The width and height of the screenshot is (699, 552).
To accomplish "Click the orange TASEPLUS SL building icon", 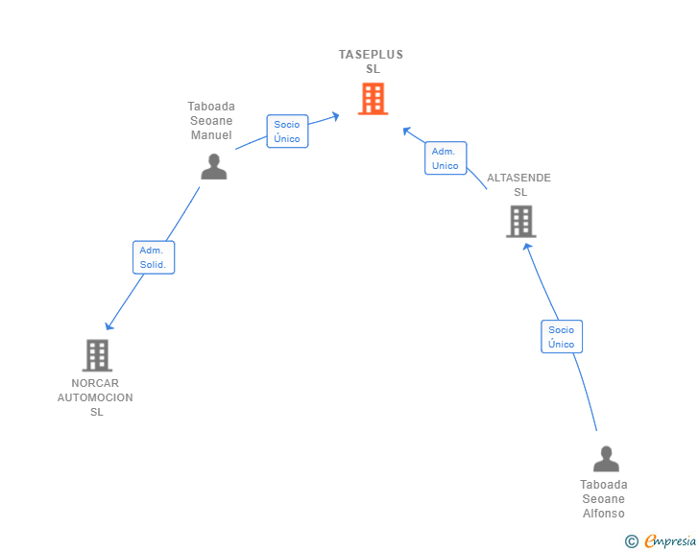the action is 374,99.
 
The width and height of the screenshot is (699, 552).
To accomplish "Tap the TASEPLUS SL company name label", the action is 372,61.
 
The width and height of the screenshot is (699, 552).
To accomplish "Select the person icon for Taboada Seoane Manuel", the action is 214,166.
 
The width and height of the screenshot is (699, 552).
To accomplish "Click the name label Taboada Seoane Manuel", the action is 211,120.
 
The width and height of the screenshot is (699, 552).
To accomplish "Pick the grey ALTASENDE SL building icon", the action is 521,221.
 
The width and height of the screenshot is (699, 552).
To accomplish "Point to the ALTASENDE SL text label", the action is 518,184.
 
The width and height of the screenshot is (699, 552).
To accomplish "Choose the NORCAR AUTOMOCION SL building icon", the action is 97,355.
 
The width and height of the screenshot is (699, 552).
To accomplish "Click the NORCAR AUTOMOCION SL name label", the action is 95,397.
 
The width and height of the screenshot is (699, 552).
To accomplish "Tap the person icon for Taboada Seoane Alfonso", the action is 606,459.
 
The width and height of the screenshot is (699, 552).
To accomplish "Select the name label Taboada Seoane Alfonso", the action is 604,499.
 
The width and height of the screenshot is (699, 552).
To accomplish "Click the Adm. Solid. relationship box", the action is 154,257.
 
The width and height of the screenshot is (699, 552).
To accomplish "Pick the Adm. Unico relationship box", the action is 446,157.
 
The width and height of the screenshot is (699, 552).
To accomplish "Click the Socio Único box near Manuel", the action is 287,132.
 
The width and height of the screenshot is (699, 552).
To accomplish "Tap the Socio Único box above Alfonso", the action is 562,337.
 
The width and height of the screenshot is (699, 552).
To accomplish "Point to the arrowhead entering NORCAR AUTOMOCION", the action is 108,326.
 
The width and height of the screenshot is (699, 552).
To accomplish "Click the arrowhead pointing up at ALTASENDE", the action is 527,247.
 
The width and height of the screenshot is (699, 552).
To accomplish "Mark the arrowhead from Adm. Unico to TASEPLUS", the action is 405,131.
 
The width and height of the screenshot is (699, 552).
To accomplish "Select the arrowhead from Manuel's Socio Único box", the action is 336,116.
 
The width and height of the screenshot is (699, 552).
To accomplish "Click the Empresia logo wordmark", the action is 670,540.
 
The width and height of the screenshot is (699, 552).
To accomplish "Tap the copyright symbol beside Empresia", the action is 631,541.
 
